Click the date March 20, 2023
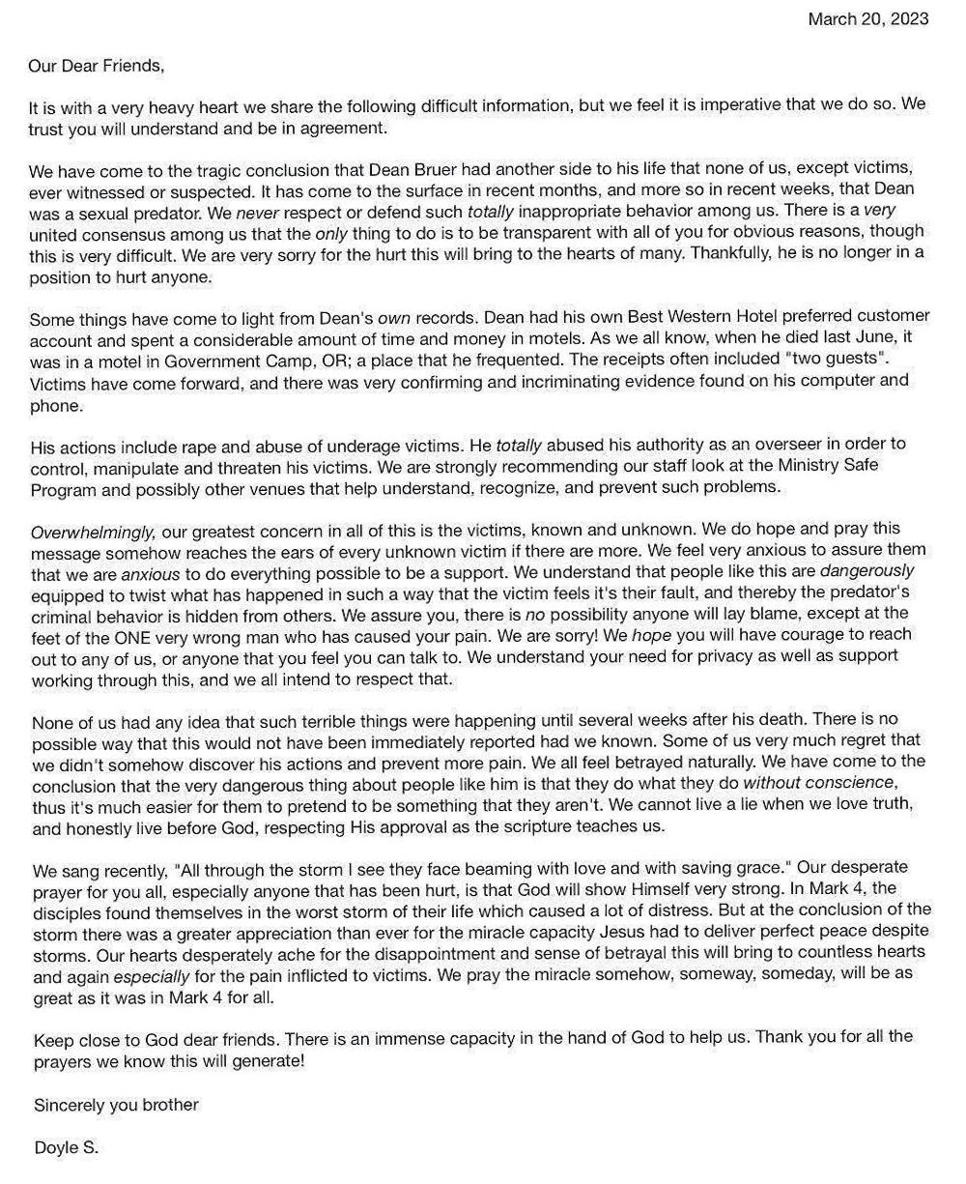pos(867,18)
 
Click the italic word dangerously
pos(867,571)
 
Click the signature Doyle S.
pos(66,1148)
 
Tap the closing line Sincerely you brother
pos(116,1104)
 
